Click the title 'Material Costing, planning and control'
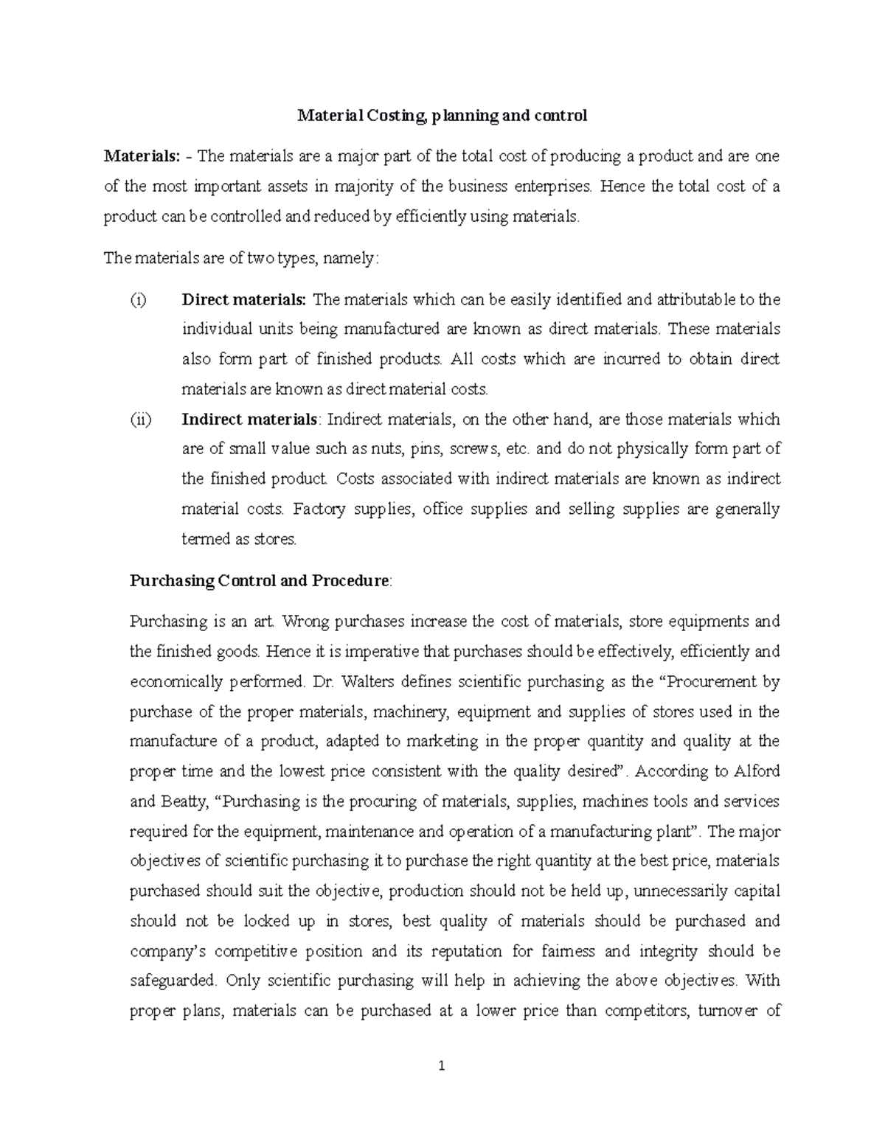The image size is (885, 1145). point(442,116)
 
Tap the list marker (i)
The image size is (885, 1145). point(138,299)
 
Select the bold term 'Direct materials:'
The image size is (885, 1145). point(243,299)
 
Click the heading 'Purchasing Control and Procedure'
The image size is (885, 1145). point(259,580)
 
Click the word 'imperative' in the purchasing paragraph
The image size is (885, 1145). point(345,652)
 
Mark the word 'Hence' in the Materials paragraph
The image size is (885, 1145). point(624,187)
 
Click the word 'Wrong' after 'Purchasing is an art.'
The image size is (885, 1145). point(305,622)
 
